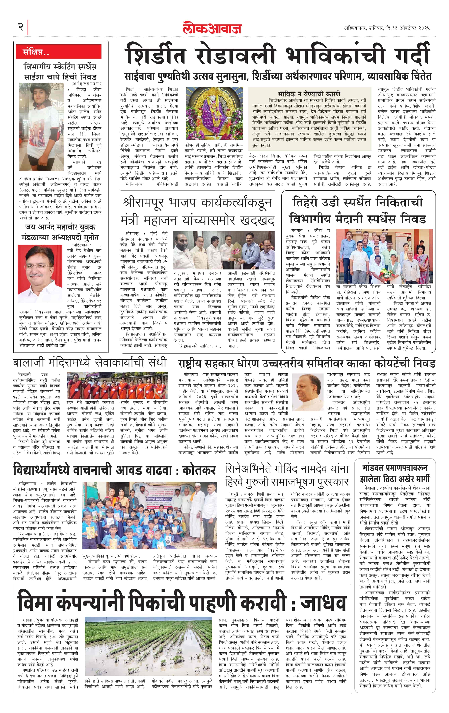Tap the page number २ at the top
21,27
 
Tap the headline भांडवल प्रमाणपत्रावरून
395,468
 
